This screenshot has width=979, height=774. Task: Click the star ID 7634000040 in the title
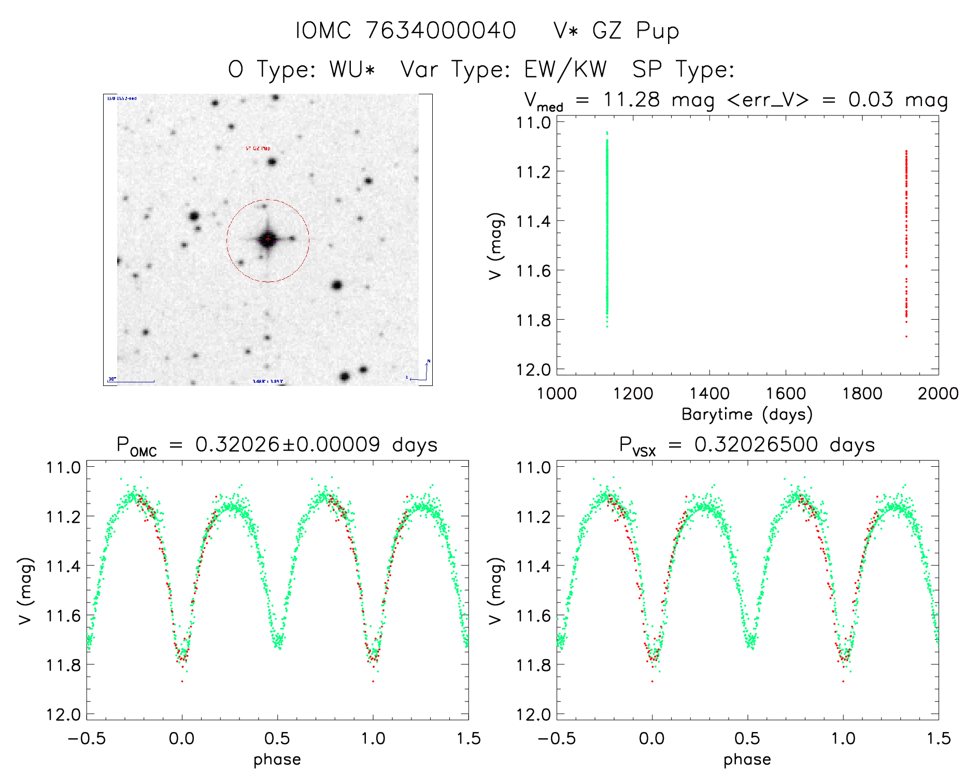click(x=441, y=31)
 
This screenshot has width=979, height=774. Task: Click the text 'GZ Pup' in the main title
click(x=635, y=31)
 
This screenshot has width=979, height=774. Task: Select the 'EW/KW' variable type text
click(x=565, y=69)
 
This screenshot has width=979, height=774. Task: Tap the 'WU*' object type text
click(x=352, y=69)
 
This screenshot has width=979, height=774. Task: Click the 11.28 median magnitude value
click(x=631, y=99)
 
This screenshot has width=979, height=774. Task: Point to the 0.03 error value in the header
click(x=871, y=99)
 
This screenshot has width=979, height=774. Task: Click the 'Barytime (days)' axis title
click(x=747, y=414)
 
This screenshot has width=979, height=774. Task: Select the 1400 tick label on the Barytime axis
click(x=709, y=394)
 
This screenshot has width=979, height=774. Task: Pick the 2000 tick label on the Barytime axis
click(x=938, y=394)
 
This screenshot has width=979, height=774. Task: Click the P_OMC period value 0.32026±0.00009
click(x=288, y=445)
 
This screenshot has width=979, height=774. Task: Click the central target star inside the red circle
click(x=267, y=239)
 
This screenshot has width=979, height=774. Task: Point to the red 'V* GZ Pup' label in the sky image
click(x=258, y=149)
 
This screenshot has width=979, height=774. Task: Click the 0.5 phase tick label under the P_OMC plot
click(x=277, y=738)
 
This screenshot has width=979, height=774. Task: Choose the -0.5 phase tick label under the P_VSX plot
click(x=557, y=738)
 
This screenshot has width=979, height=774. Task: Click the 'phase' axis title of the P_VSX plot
click(x=747, y=759)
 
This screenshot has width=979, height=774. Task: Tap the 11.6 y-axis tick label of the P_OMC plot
click(x=64, y=615)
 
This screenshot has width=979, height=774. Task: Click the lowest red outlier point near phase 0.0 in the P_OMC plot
click(x=182, y=681)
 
